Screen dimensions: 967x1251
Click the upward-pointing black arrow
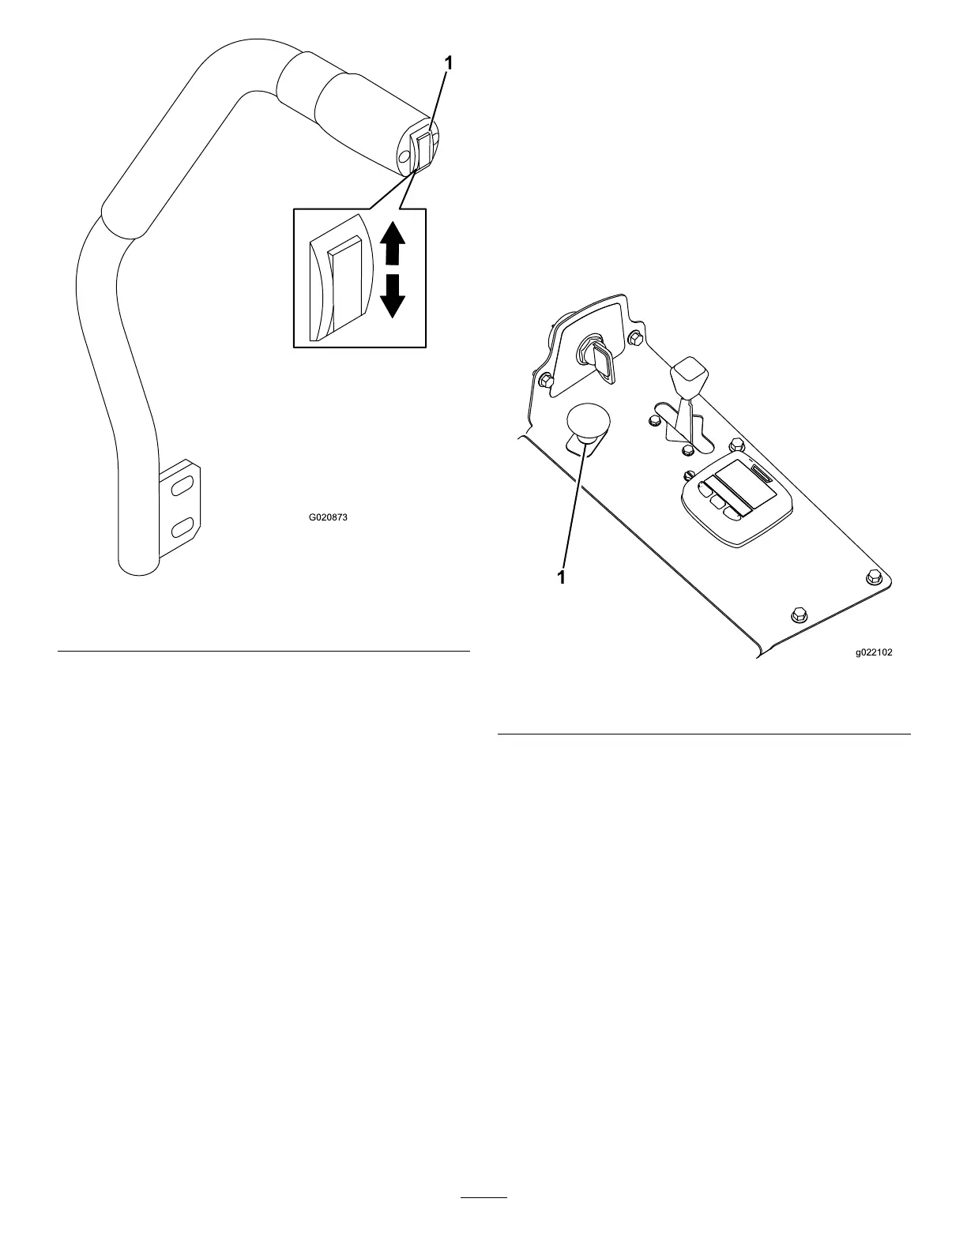[x=393, y=244]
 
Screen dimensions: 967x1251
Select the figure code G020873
[x=328, y=519]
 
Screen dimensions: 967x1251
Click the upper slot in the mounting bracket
[x=182, y=487]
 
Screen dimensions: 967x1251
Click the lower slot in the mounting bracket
[x=182, y=524]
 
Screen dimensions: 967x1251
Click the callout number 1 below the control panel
[x=562, y=577]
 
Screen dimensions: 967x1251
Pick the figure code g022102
[x=873, y=653]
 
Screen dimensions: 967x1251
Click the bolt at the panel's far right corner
[x=872, y=577]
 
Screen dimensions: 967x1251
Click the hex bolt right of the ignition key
[x=634, y=340]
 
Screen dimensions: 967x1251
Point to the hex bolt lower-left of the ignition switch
[x=544, y=381]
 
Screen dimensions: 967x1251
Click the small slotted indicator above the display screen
[x=762, y=475]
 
